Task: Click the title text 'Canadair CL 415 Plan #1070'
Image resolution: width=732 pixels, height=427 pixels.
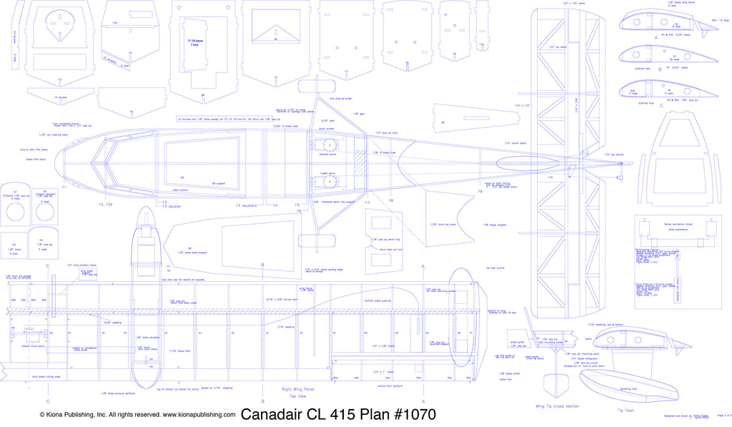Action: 337,415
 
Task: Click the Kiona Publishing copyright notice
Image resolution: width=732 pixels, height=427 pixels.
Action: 137,415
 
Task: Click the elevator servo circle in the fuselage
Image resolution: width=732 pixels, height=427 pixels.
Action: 331,144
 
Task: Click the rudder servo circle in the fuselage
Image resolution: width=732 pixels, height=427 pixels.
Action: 331,182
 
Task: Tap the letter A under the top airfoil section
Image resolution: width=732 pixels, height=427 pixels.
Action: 656,36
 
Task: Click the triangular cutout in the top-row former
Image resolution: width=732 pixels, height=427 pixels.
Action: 275,30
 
